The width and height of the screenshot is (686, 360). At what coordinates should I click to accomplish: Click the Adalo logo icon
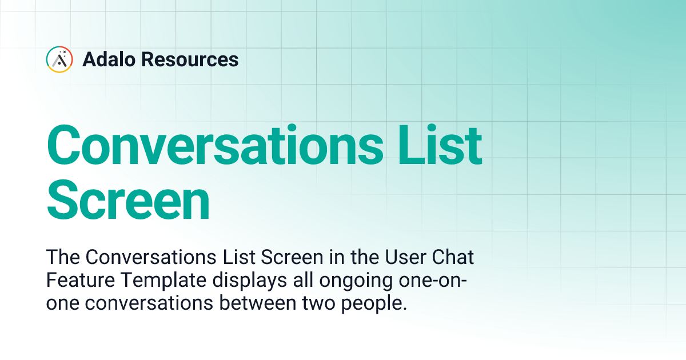pos(59,59)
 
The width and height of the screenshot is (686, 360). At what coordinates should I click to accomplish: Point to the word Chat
pos(454,258)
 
